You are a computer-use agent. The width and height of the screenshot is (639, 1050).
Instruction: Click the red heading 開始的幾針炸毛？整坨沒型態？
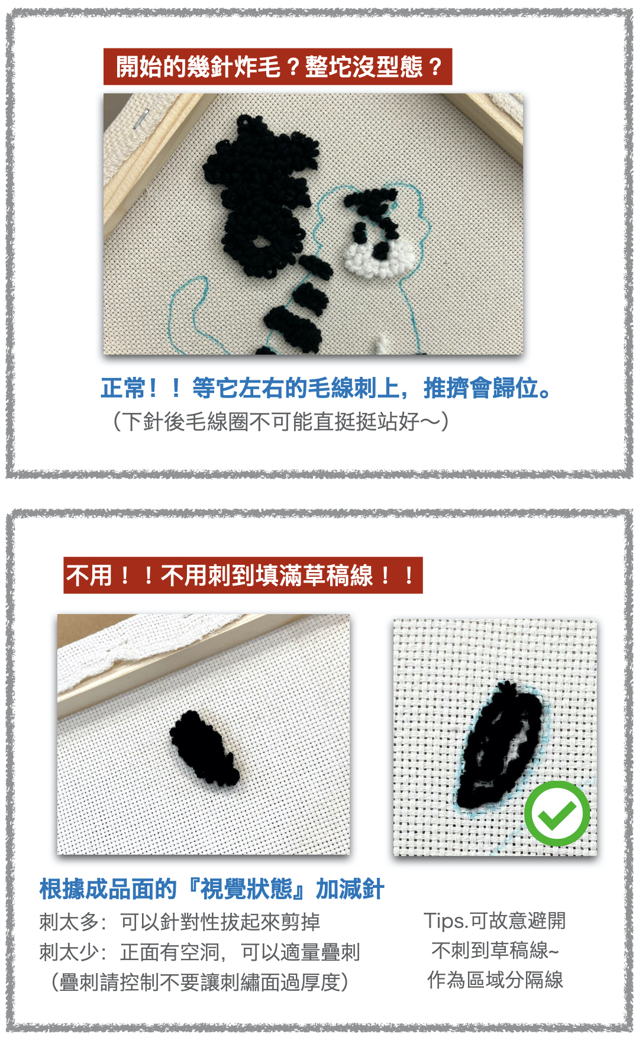pyautogui.click(x=277, y=66)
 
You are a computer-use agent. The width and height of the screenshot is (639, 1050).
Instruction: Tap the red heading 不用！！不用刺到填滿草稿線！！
pyautogui.click(x=243, y=575)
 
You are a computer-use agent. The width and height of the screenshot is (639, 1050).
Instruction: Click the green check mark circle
pyautogui.click(x=557, y=813)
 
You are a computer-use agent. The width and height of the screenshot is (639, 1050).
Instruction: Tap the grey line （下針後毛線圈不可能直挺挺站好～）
pyautogui.click(x=281, y=422)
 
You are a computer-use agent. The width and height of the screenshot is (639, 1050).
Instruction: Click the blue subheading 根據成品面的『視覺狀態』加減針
pyautogui.click(x=212, y=889)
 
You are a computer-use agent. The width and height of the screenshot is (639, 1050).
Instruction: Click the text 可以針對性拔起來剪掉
pyautogui.click(x=220, y=922)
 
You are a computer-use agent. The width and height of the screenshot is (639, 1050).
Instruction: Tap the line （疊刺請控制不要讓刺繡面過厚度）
pyautogui.click(x=199, y=982)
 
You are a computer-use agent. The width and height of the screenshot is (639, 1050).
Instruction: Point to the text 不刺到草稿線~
pyautogui.click(x=495, y=950)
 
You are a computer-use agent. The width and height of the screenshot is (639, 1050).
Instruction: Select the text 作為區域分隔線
pyautogui.click(x=495, y=980)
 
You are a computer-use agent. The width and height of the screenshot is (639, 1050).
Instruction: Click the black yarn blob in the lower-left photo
pyautogui.click(x=204, y=747)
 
